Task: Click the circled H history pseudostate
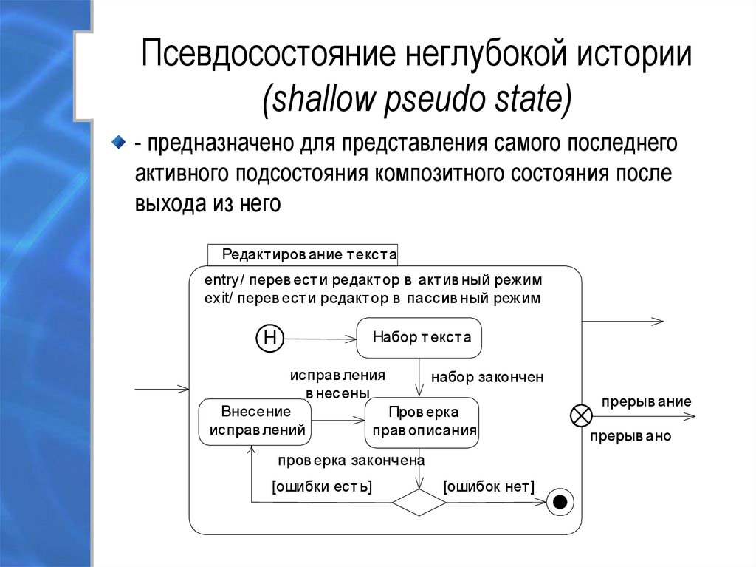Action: tap(269, 339)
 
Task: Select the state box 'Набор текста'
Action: tap(419, 338)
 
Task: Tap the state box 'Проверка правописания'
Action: tap(423, 421)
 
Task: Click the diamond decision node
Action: tap(419, 502)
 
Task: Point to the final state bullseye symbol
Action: tap(560, 503)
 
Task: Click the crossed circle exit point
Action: tap(581, 415)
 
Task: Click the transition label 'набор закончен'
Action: tap(487, 377)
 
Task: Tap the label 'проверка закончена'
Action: tap(350, 461)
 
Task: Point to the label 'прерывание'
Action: tap(646, 401)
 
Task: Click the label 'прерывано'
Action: tap(630, 436)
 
